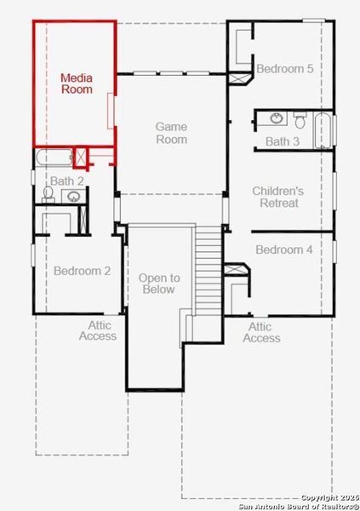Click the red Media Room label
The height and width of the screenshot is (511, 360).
coord(77,83)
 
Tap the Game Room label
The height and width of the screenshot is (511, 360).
coord(171,133)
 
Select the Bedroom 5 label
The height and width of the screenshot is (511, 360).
coord(285,69)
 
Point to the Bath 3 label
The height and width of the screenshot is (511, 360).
coord(283,141)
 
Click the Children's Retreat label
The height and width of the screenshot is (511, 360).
coord(278,197)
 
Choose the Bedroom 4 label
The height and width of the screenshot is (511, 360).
coord(284,250)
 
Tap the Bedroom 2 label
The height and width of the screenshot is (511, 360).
coord(82,271)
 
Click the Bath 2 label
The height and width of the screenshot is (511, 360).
coord(66,181)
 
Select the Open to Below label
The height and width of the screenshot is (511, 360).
coord(159,284)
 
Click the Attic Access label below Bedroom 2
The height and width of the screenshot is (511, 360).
coord(98,330)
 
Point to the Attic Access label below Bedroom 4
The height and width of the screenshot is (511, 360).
coord(261,332)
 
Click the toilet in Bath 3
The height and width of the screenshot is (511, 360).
coord(300,119)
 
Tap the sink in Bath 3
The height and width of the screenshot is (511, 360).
coord(277,118)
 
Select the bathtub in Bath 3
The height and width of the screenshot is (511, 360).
coord(323,130)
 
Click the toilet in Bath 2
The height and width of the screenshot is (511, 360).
coord(49,194)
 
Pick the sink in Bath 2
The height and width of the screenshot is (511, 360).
coord(74,197)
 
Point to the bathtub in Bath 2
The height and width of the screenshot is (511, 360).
coord(54,158)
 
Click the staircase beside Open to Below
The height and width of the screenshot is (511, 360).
coord(208,271)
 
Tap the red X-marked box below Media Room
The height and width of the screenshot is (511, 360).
coord(81,158)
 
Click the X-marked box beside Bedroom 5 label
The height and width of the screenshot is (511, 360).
coord(239,78)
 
